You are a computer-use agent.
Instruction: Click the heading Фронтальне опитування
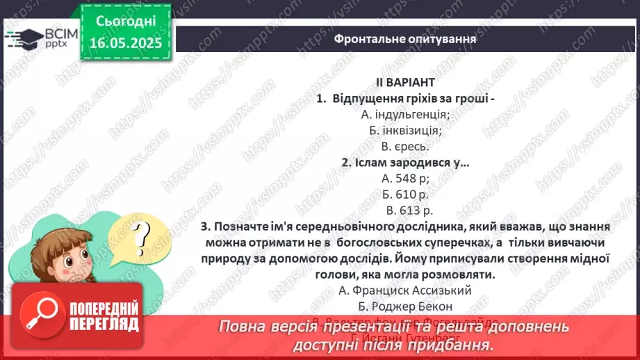405,38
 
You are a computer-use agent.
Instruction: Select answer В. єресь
406,146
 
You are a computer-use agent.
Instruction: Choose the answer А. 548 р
406,178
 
